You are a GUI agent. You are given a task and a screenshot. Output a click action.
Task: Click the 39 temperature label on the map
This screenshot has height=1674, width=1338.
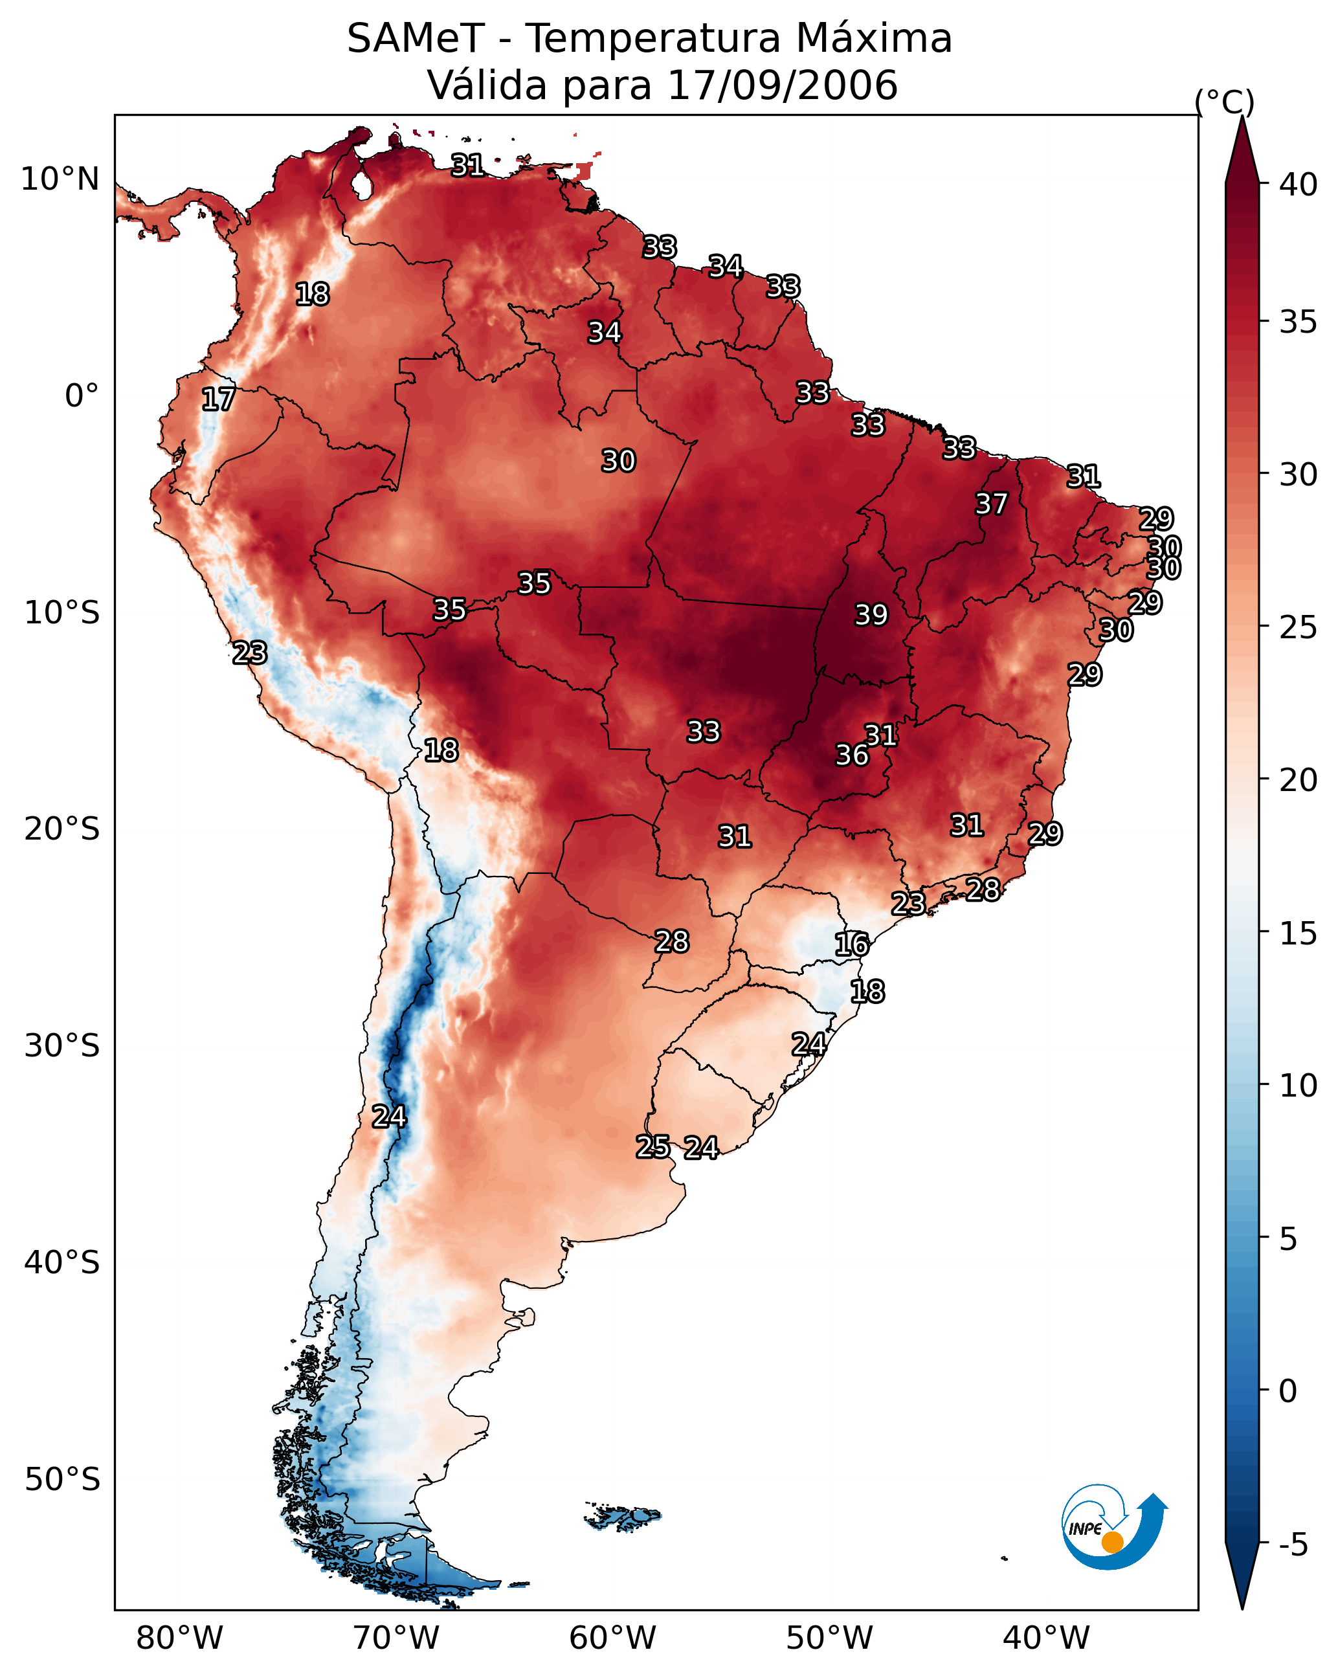coord(871,615)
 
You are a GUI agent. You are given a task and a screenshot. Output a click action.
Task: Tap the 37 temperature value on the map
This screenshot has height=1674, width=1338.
coord(991,504)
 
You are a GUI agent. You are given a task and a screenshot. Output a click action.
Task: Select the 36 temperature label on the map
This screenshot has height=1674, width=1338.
coord(851,755)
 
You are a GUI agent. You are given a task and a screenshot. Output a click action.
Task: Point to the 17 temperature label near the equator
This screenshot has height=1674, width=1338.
coord(218,399)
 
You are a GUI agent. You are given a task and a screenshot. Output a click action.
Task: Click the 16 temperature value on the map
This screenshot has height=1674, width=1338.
coord(851,944)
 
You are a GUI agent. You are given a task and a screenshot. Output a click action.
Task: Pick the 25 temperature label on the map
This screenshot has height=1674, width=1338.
coord(652,1147)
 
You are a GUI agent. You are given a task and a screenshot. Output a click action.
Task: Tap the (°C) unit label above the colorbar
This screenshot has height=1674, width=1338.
coord(1225,102)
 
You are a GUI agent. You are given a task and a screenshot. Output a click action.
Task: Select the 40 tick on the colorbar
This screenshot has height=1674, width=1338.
coord(1299,184)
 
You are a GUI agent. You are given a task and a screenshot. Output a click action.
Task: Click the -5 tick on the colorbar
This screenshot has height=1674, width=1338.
coord(1293,1545)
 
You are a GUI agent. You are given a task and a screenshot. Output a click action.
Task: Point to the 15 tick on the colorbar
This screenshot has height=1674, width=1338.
coord(1299,933)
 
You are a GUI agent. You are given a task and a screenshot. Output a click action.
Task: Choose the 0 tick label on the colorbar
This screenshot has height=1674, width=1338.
coord(1288,1391)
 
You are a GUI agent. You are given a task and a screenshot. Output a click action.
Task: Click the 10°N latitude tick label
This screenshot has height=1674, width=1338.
coord(60,179)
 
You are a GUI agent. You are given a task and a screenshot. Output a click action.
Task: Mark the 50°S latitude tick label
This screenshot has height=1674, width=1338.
coord(62,1480)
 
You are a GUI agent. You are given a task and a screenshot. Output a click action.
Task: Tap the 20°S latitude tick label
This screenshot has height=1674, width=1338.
coord(62,829)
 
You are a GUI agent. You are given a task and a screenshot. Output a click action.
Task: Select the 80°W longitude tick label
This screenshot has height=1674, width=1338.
coord(179,1638)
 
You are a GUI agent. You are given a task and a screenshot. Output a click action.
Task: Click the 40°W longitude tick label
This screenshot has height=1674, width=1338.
coord(1046,1638)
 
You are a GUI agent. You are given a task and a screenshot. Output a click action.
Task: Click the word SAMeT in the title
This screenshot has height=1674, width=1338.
coord(416,39)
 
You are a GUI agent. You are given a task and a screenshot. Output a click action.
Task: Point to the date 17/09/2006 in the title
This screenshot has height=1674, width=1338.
coord(782,85)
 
